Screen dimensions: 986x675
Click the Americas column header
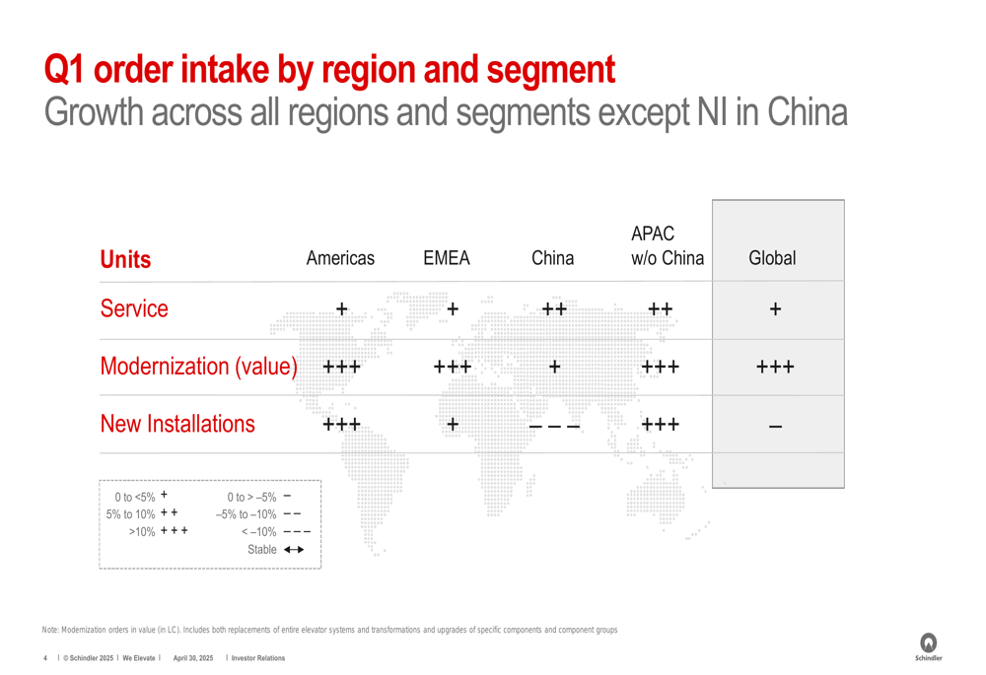click(340, 258)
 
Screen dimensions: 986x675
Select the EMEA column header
click(447, 258)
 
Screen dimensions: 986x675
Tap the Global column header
click(772, 258)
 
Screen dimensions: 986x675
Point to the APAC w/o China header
click(668, 245)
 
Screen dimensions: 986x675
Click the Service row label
click(134, 308)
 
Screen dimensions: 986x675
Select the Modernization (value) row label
click(199, 367)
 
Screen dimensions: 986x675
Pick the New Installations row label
click(177, 425)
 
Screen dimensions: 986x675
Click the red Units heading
click(126, 259)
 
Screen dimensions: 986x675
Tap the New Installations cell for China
click(554, 427)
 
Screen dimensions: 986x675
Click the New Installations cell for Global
click(775, 427)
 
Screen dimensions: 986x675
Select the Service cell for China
click(554, 309)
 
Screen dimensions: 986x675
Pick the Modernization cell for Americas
click(341, 367)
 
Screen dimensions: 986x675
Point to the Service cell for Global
click(775, 309)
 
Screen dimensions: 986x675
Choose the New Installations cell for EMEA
click(453, 425)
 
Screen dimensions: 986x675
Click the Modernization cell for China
click(554, 367)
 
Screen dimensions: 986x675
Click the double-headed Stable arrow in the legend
click(294, 549)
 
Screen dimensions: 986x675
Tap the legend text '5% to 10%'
click(130, 514)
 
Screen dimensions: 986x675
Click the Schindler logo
click(928, 646)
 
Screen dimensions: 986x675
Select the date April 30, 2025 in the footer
click(193, 658)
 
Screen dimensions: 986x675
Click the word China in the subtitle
click(807, 112)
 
